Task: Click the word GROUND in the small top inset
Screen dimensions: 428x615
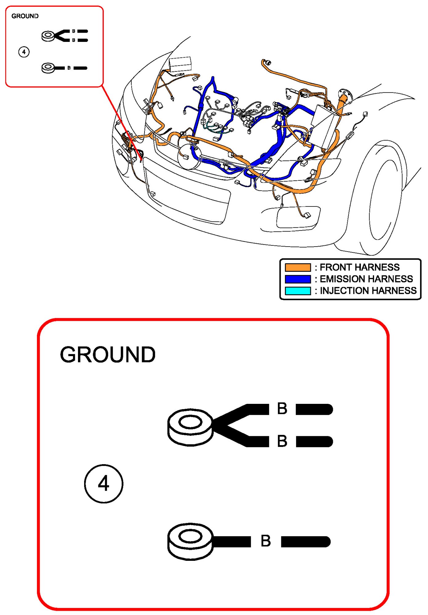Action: [x=25, y=16]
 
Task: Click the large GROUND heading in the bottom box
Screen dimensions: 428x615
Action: [x=108, y=354]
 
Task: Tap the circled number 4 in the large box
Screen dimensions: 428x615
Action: [x=104, y=484]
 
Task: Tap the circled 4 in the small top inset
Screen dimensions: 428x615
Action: [x=24, y=52]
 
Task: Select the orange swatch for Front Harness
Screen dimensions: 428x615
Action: [x=297, y=267]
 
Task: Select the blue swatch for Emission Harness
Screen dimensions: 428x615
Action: [x=297, y=279]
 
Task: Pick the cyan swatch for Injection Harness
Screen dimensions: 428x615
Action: [x=297, y=291]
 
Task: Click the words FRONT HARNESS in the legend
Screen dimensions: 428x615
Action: [x=359, y=267]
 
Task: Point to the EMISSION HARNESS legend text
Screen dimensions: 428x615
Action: [x=366, y=279]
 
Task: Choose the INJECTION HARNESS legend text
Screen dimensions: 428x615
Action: [x=368, y=291]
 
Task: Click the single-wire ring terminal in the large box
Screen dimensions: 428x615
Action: [x=190, y=541]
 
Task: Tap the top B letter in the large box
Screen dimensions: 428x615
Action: [x=282, y=409]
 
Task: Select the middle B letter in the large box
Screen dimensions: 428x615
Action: [x=282, y=441]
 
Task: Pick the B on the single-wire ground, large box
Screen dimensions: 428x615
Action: [x=266, y=541]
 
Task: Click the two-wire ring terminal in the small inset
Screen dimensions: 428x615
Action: [x=48, y=36]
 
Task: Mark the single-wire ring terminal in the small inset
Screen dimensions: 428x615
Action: [x=48, y=68]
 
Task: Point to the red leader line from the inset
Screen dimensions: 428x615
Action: [x=122, y=123]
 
